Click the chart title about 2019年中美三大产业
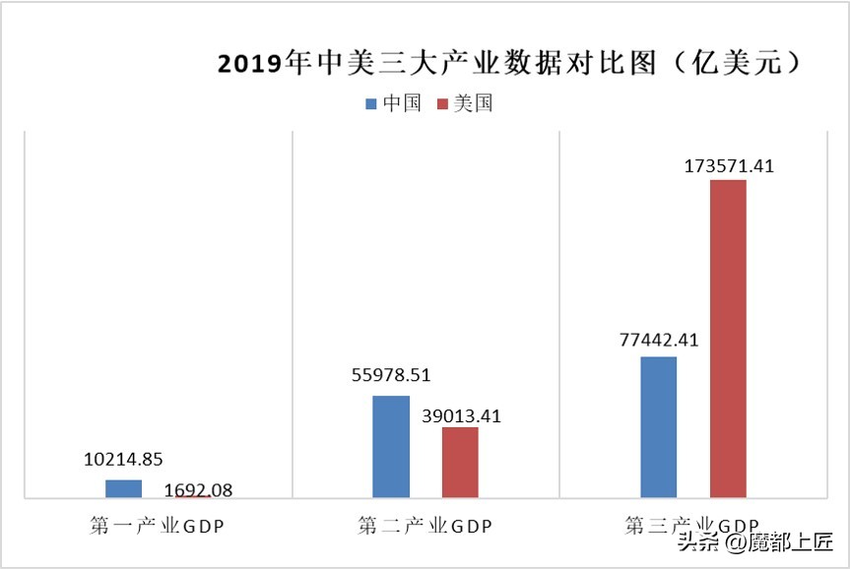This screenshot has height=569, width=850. point(507,64)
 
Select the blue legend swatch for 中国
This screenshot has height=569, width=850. point(371,103)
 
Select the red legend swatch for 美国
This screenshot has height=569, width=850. point(442,103)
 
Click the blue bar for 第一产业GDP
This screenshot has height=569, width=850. point(123,488)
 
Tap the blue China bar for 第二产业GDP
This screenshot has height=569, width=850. point(391,447)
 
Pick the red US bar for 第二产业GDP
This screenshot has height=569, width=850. point(460,462)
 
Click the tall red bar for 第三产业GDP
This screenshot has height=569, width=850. point(728,339)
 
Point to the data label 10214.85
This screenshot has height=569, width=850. point(123,459)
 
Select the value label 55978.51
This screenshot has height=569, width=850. point(391,375)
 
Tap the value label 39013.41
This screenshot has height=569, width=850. point(461,415)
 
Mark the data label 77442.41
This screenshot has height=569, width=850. point(658,340)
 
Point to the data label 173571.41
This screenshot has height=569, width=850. point(729,166)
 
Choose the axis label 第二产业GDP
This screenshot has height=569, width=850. point(425,527)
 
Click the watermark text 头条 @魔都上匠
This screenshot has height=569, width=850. point(754,541)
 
